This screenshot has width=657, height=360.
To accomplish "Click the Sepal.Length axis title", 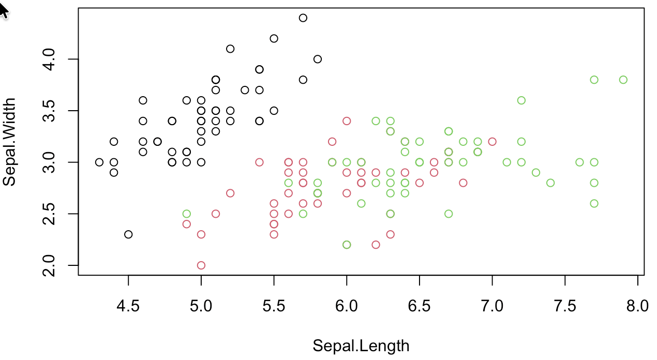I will pyautogui.click(x=361, y=346).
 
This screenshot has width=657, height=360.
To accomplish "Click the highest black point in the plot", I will pyautogui.click(x=303, y=18).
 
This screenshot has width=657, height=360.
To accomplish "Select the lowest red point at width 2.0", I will pyautogui.click(x=201, y=265).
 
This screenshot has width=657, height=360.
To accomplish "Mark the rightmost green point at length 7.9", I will pyautogui.click(x=623, y=80).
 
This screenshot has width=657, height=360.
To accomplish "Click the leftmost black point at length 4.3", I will pyautogui.click(x=99, y=162).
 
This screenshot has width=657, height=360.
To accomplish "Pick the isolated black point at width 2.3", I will pyautogui.click(x=128, y=234).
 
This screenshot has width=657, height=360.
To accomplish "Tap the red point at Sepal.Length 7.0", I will pyautogui.click(x=492, y=141).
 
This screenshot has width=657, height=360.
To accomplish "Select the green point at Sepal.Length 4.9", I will pyautogui.click(x=187, y=214).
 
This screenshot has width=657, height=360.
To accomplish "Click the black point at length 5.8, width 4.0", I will pyautogui.click(x=318, y=59).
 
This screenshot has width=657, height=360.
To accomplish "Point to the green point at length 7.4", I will pyautogui.click(x=550, y=183).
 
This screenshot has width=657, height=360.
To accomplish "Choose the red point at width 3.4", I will pyautogui.click(x=347, y=121).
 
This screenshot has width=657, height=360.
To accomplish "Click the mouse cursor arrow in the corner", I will pyautogui.click(x=3, y=10).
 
